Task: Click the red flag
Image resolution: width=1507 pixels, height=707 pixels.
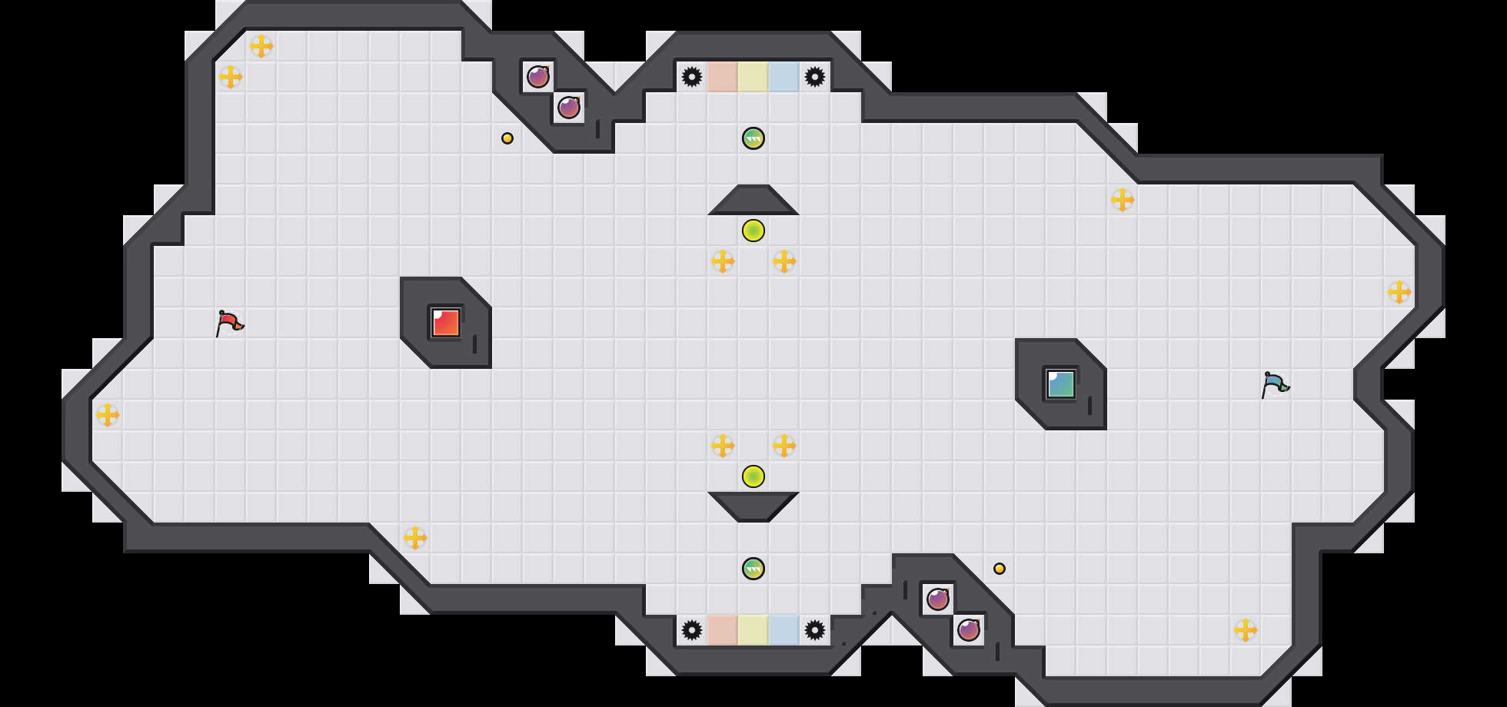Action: (229, 323)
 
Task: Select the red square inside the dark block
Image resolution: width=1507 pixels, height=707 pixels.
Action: (446, 323)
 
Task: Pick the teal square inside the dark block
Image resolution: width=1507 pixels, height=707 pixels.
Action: (1061, 384)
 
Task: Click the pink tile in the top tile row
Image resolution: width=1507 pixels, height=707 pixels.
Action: (723, 77)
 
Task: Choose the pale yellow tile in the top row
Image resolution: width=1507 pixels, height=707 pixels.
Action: (753, 77)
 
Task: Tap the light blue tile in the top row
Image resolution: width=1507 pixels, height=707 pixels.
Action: (784, 77)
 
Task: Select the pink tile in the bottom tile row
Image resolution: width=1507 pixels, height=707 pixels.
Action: (723, 630)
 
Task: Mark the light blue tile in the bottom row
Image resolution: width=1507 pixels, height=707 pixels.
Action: (784, 630)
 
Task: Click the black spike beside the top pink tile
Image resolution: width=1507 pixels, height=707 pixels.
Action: (692, 77)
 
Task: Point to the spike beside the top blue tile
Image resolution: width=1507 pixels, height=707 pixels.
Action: (815, 77)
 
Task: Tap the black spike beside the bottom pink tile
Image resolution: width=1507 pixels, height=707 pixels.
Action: (692, 630)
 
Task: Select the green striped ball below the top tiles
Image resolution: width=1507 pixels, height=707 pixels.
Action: (753, 138)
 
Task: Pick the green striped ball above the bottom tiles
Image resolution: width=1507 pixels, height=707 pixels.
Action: (753, 569)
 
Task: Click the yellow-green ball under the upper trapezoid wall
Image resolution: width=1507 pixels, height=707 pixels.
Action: (753, 231)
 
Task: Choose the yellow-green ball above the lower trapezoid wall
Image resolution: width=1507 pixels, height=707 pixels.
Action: (753, 476)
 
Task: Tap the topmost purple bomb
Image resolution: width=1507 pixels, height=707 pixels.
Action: (538, 77)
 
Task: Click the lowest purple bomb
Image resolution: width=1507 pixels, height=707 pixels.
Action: (969, 630)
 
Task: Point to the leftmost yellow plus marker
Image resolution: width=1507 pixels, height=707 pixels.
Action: (108, 415)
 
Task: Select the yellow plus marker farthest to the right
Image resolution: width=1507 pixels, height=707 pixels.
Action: (1399, 292)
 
